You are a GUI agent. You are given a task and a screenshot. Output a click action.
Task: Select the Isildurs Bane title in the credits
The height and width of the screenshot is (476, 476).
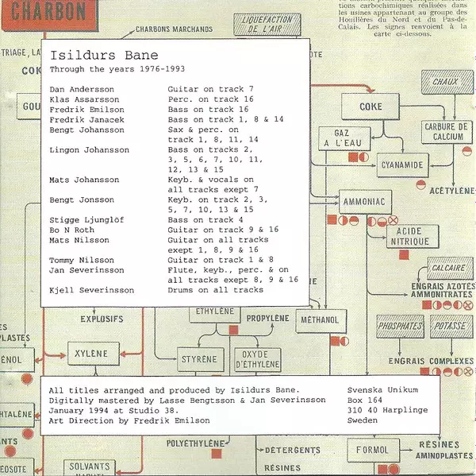click(103, 56)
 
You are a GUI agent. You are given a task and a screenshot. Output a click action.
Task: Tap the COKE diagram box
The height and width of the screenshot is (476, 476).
click(370, 106)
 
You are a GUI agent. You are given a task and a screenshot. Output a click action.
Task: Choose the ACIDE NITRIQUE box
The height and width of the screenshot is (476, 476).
click(409, 236)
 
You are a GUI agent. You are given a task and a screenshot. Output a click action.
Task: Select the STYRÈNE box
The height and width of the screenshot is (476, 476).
click(198, 359)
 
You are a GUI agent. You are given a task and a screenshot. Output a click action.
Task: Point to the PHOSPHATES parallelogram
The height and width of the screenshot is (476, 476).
click(401, 326)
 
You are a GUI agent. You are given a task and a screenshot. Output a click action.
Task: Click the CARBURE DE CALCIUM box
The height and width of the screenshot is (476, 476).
click(446, 132)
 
